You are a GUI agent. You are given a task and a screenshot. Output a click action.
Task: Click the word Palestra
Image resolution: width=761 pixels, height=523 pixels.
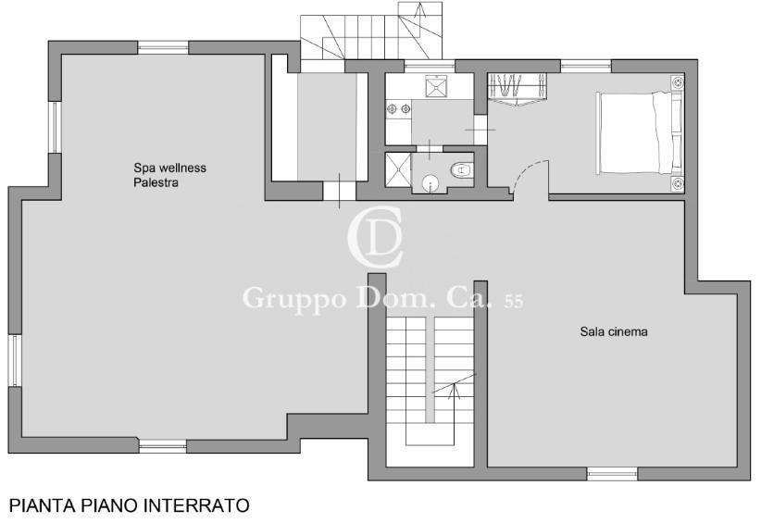(x=156, y=183)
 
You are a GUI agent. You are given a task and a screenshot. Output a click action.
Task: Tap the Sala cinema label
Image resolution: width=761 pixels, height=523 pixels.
(x=614, y=331)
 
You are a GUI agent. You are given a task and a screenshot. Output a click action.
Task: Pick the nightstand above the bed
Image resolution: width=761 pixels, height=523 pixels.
(x=678, y=82)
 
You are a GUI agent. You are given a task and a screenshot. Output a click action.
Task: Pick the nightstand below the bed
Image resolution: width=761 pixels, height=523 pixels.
(x=678, y=183)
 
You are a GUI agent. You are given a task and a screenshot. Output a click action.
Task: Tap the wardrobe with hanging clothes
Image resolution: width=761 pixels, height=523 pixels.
(x=518, y=89)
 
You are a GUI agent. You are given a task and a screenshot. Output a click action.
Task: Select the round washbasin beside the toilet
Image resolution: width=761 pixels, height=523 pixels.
(x=430, y=183)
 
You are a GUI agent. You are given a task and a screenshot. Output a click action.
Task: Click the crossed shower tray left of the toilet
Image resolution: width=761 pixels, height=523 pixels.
(x=397, y=169)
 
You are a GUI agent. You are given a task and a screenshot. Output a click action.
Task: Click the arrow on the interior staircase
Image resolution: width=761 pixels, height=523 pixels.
(x=455, y=387)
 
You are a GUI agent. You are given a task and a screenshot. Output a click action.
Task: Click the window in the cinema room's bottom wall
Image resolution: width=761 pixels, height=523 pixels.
(x=612, y=474)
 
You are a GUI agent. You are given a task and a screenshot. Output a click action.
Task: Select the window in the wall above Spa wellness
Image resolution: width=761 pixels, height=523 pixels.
(x=163, y=47)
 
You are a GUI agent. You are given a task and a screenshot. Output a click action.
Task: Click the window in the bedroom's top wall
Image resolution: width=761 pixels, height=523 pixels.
(x=586, y=66)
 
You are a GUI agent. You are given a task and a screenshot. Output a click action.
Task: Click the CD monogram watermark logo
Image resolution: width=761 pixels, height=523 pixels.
(x=376, y=237)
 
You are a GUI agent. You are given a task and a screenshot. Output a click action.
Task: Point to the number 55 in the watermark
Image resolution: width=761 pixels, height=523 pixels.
(x=514, y=302)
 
